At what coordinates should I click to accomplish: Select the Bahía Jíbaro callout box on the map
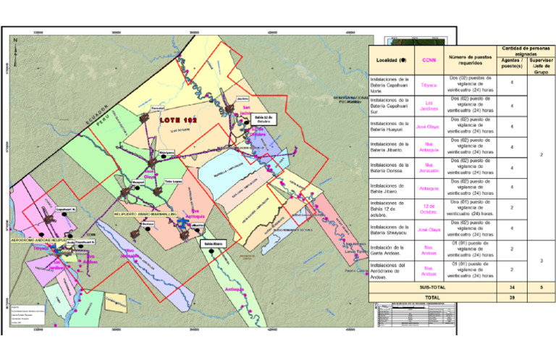tap(213, 244)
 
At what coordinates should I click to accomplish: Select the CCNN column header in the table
tap(429, 60)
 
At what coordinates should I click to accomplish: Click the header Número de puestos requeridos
tap(469, 60)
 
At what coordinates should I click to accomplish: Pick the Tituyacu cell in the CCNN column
tap(429, 84)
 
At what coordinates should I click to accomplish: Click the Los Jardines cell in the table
tap(429, 106)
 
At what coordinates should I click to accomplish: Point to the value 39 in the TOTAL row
tap(510, 297)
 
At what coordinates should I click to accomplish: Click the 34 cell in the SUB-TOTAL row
tap(510, 287)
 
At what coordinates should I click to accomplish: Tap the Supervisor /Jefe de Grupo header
tap(537, 64)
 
